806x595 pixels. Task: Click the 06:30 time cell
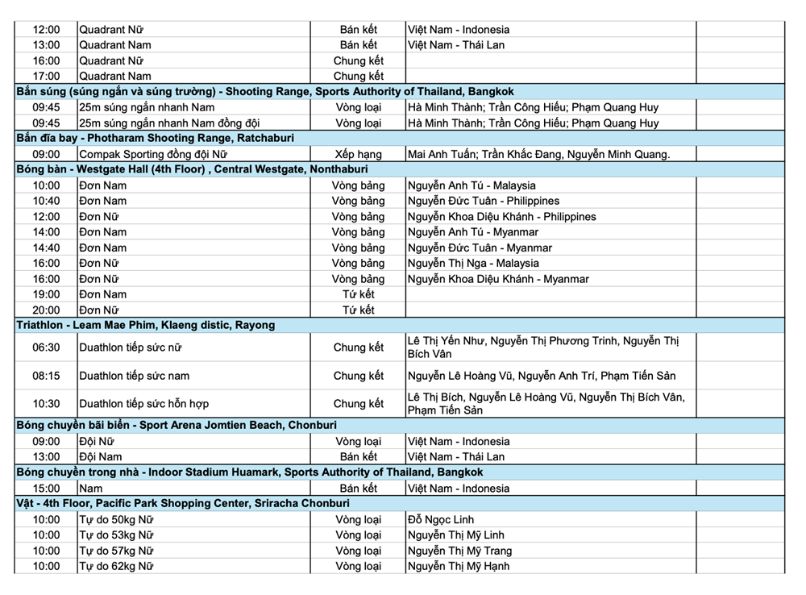[46, 348]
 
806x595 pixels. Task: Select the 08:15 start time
[46, 376]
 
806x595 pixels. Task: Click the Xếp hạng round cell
[358, 154]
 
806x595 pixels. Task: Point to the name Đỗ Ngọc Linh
[443, 519]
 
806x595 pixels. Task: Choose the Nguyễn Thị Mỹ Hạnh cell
[459, 566]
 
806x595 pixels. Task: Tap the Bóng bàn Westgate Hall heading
[193, 169]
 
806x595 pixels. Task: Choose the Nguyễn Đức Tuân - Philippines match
[483, 201]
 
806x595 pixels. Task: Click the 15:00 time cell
[46, 489]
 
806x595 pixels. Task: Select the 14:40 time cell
[46, 248]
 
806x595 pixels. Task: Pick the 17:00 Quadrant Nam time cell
[46, 77]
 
